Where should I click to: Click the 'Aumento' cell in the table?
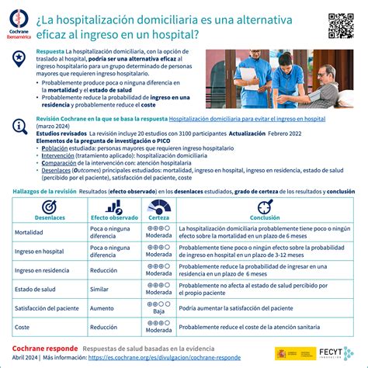point(104,308)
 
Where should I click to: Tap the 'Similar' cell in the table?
point(102,290)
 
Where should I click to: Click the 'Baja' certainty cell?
point(159,312)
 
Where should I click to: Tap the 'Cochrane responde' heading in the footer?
point(44,349)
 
